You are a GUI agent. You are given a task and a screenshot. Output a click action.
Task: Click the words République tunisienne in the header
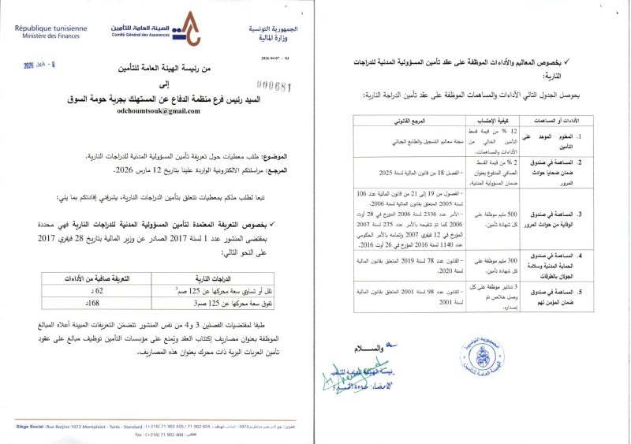click(x=50, y=28)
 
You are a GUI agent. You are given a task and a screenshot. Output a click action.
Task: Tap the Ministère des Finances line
click(x=49, y=35)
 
